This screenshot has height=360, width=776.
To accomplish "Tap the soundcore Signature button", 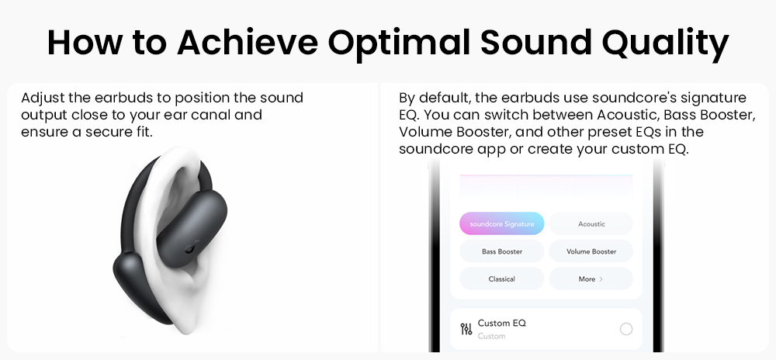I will (502, 224).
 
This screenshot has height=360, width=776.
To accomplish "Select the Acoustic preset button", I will (591, 224).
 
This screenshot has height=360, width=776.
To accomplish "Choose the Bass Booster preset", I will (502, 251).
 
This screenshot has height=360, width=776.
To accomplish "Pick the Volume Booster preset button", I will (591, 251).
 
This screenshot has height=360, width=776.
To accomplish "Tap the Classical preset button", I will (502, 279).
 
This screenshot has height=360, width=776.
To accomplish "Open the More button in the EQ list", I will (591, 279).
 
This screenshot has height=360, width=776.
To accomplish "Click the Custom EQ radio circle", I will (626, 329).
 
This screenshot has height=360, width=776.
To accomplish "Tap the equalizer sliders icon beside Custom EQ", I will (466, 329).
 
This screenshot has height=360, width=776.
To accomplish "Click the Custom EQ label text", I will (501, 323).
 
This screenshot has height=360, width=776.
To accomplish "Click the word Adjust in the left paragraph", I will (41, 99).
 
